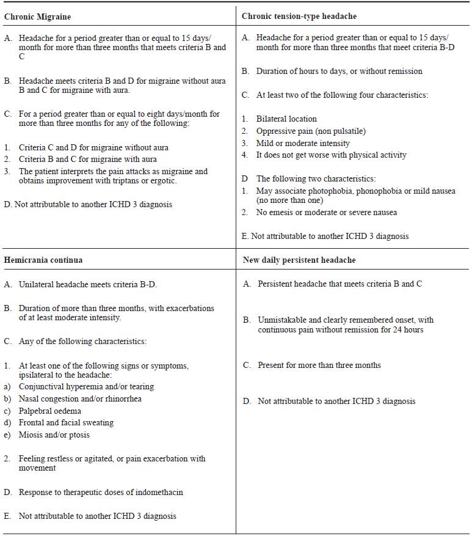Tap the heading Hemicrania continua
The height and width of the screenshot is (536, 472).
[x=43, y=260]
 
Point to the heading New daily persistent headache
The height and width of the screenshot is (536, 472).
[x=299, y=260]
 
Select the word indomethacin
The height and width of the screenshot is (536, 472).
[x=158, y=492]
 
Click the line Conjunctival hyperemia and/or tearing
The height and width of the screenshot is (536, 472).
[x=86, y=386]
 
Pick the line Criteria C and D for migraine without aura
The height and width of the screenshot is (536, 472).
[x=93, y=147]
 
